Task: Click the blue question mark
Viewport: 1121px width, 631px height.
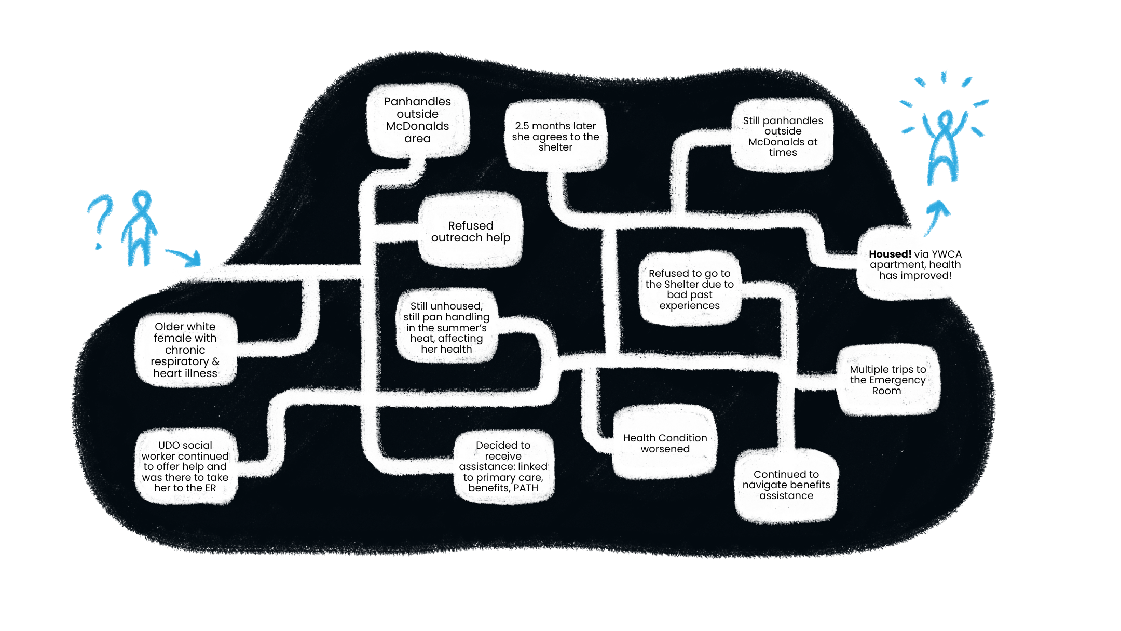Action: click(x=100, y=218)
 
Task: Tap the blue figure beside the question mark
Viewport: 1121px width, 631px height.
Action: click(x=140, y=229)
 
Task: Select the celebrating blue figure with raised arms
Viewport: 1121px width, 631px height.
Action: click(x=944, y=145)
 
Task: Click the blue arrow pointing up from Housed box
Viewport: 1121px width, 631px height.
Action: click(x=937, y=216)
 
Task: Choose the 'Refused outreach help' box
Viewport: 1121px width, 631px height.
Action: click(x=470, y=232)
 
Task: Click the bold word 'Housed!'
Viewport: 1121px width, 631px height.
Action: click(x=890, y=254)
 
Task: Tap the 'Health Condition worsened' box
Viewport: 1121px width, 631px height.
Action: click(x=665, y=443)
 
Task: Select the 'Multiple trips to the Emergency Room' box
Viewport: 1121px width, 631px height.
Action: click(x=887, y=380)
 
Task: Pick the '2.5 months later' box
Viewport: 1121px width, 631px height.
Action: click(x=555, y=136)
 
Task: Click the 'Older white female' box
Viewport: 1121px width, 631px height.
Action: click(x=185, y=350)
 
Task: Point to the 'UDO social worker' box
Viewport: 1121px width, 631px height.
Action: click(x=185, y=466)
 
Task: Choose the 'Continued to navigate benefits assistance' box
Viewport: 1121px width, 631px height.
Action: click(x=786, y=485)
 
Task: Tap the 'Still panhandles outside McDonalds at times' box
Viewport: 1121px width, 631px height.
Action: click(x=783, y=136)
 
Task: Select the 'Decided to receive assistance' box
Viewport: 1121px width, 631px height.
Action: click(x=503, y=466)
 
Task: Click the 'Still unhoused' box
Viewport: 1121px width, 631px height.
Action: click(x=446, y=327)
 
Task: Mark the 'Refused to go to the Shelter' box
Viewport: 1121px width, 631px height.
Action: click(x=689, y=289)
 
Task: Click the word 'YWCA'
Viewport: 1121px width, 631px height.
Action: click(x=947, y=254)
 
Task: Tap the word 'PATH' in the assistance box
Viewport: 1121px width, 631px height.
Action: click(x=526, y=488)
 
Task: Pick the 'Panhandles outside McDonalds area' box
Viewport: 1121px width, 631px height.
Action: click(x=417, y=120)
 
